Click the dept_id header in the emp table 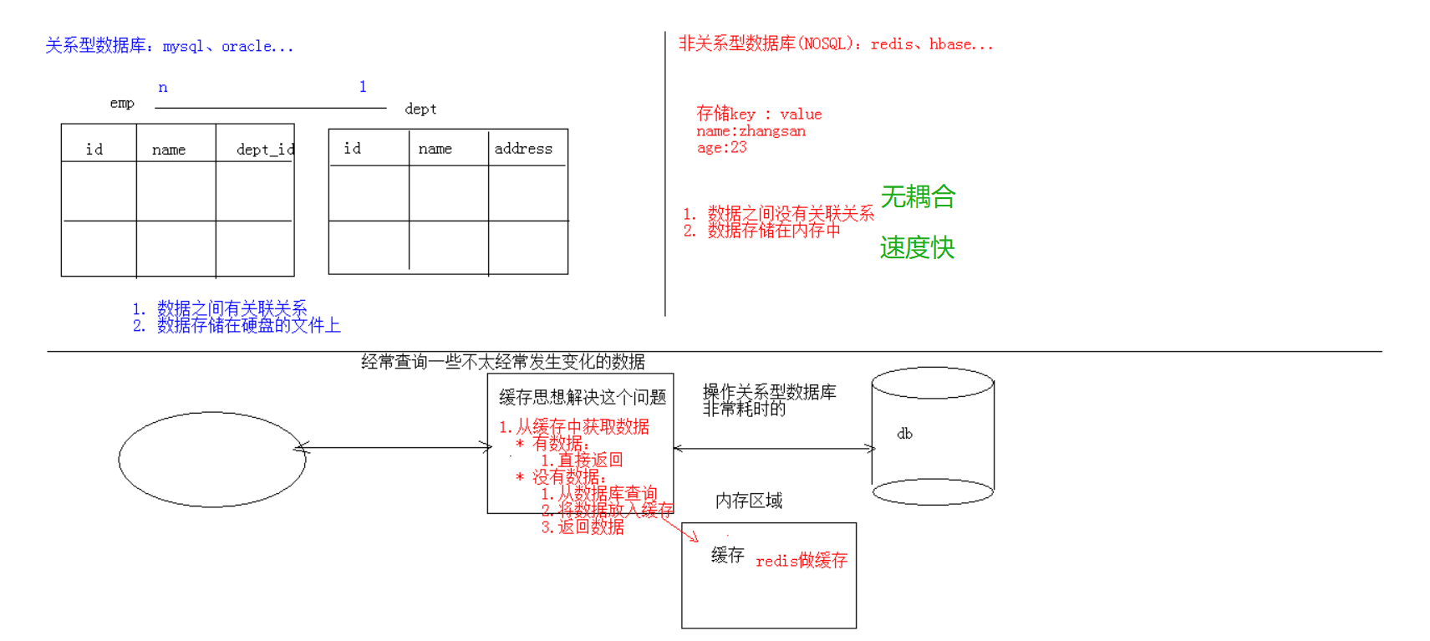tap(264, 150)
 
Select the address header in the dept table tap(523, 149)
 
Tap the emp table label tap(122, 103)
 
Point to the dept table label tap(420, 109)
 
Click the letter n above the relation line tap(163, 87)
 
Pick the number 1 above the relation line tap(363, 86)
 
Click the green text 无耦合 tap(918, 197)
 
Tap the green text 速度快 tap(917, 247)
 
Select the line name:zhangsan tap(751, 131)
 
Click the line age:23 tap(721, 148)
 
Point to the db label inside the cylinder tap(904, 434)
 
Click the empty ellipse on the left tap(212, 459)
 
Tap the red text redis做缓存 tap(802, 561)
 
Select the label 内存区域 tap(749, 501)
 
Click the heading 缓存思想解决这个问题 tap(583, 397)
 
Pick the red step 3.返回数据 tap(583, 527)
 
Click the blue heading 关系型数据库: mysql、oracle tap(170, 46)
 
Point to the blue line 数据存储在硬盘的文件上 tap(248, 326)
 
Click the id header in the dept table tap(353, 149)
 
